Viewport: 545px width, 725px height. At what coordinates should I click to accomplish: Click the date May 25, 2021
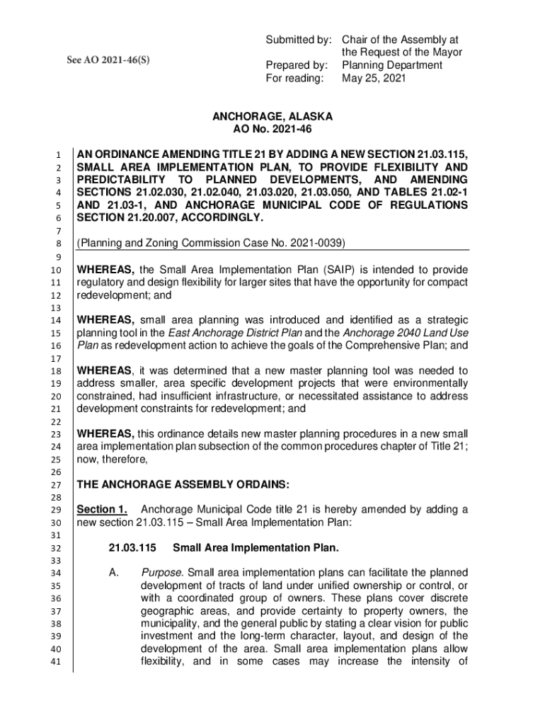pyautogui.click(x=374, y=79)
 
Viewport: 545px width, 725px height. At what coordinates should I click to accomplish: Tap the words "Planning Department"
pyautogui.click(x=392, y=65)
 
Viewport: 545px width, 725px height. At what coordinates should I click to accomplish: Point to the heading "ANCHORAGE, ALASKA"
pyautogui.click(x=272, y=116)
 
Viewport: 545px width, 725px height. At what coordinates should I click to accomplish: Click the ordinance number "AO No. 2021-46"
pyautogui.click(x=272, y=130)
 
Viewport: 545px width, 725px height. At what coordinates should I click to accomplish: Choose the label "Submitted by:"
pyautogui.click(x=297, y=39)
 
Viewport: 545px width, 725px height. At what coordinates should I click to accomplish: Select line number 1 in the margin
pyautogui.click(x=62, y=154)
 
